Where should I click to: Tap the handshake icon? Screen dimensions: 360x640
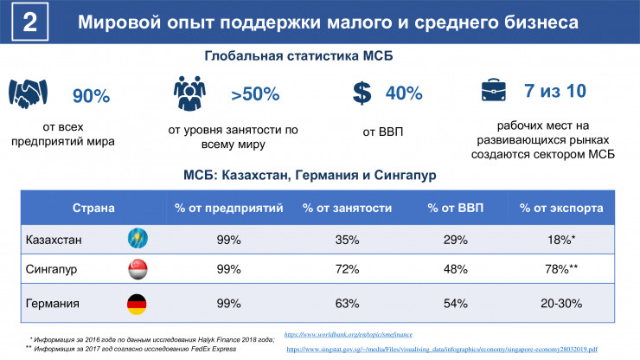pos(29,93)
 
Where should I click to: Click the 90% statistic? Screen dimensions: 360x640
pos(91,96)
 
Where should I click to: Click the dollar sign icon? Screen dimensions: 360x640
pos(362,93)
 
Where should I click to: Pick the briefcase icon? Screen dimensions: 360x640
pos(496,92)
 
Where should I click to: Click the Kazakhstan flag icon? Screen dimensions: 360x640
pos(136,237)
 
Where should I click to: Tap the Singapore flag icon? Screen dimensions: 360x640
pos(136,269)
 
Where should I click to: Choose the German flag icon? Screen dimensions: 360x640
pos(136,304)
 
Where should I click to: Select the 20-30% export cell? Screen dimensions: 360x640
pos(560,304)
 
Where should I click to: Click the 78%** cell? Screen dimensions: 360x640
pos(560,269)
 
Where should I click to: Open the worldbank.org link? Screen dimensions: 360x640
pos(349,333)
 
